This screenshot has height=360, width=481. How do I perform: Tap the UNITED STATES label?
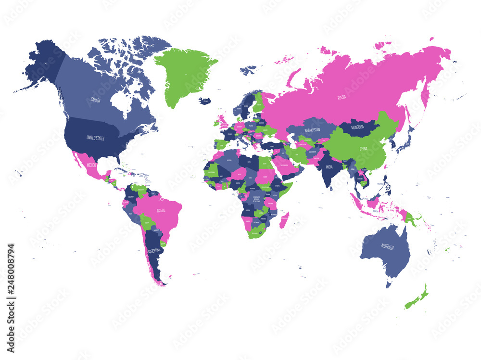95,138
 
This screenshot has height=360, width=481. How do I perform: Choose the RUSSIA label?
342,97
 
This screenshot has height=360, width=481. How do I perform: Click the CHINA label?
363,149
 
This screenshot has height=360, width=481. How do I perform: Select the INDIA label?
329,167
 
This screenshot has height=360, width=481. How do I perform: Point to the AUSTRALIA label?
387,247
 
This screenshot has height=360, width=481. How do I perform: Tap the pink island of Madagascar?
284,219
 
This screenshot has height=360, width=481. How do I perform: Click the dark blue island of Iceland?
205,101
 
